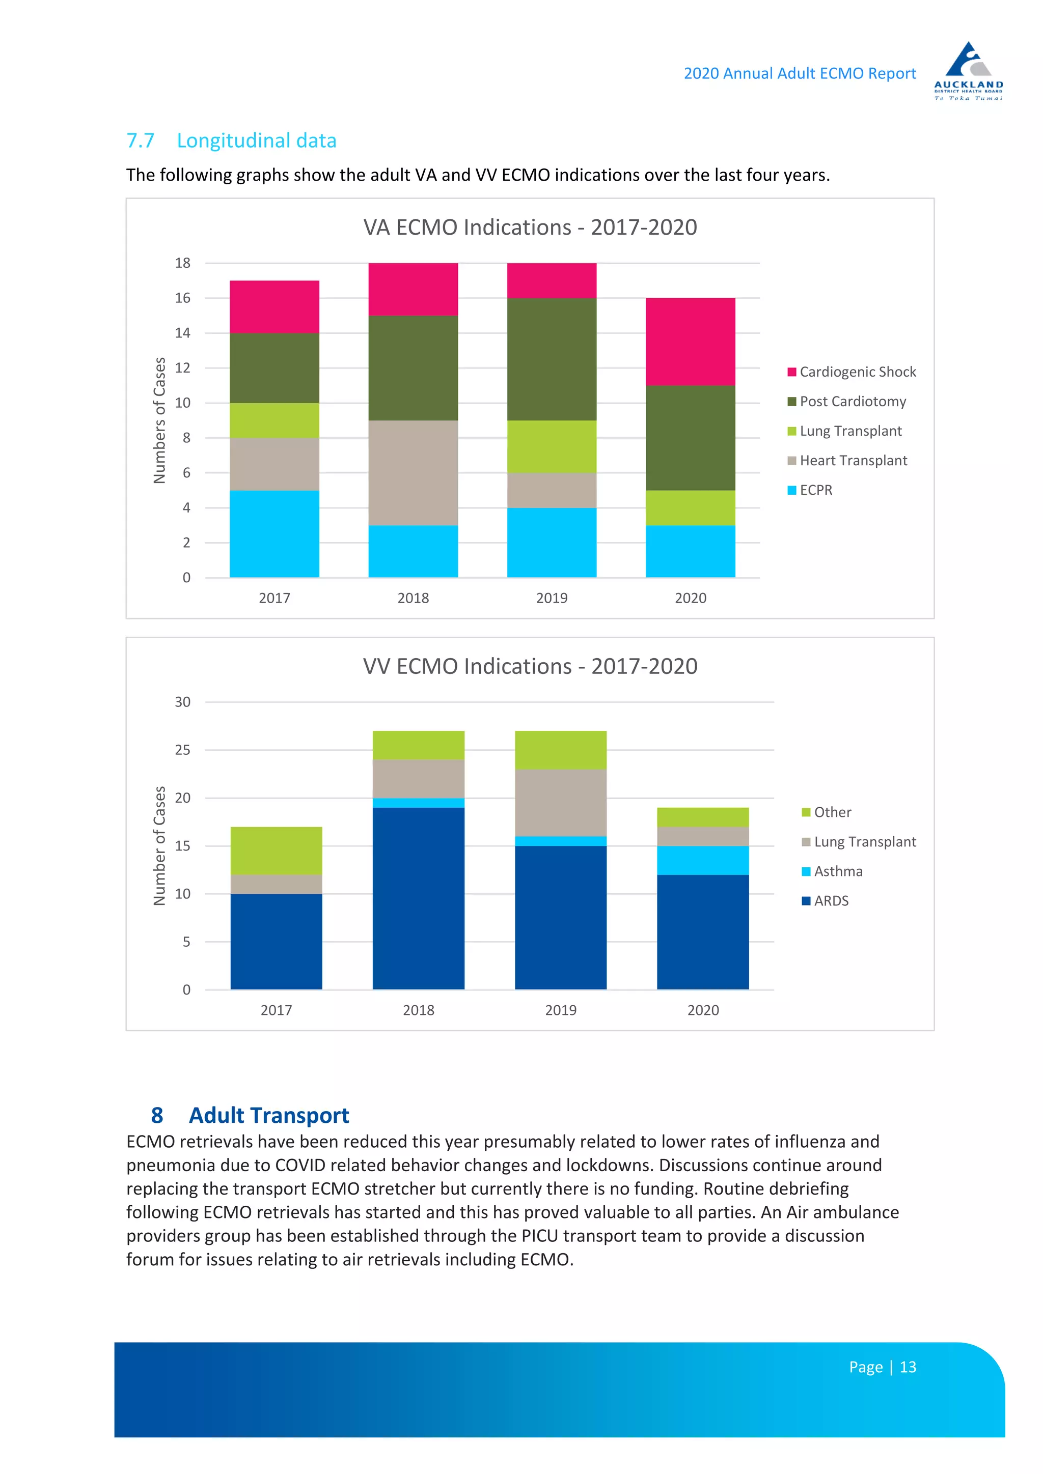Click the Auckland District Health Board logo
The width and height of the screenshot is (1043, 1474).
pyautogui.click(x=969, y=71)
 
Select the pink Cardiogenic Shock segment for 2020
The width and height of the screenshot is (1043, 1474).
pyautogui.click(x=691, y=342)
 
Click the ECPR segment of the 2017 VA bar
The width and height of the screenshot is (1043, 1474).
pyautogui.click(x=274, y=534)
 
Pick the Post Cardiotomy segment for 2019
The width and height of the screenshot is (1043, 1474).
pyautogui.click(x=552, y=359)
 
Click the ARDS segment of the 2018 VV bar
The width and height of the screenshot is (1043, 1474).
pyautogui.click(x=419, y=899)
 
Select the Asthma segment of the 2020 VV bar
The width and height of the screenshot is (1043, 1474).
pyautogui.click(x=703, y=860)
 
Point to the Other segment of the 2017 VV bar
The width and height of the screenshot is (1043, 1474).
pyautogui.click(x=276, y=851)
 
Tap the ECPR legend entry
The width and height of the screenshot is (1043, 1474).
pyautogui.click(x=810, y=490)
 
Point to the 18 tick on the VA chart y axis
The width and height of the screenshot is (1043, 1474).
pyautogui.click(x=183, y=263)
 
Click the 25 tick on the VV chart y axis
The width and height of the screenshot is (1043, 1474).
pyautogui.click(x=183, y=750)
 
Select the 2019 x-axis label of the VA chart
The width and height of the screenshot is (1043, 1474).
pyautogui.click(x=552, y=598)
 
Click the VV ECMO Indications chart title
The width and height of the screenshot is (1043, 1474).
pyautogui.click(x=531, y=666)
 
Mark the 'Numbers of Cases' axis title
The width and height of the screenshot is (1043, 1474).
pyautogui.click(x=159, y=420)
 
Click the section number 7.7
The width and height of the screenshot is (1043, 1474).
pyautogui.click(x=141, y=140)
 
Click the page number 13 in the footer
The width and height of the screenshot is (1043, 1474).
pyautogui.click(x=908, y=1367)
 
